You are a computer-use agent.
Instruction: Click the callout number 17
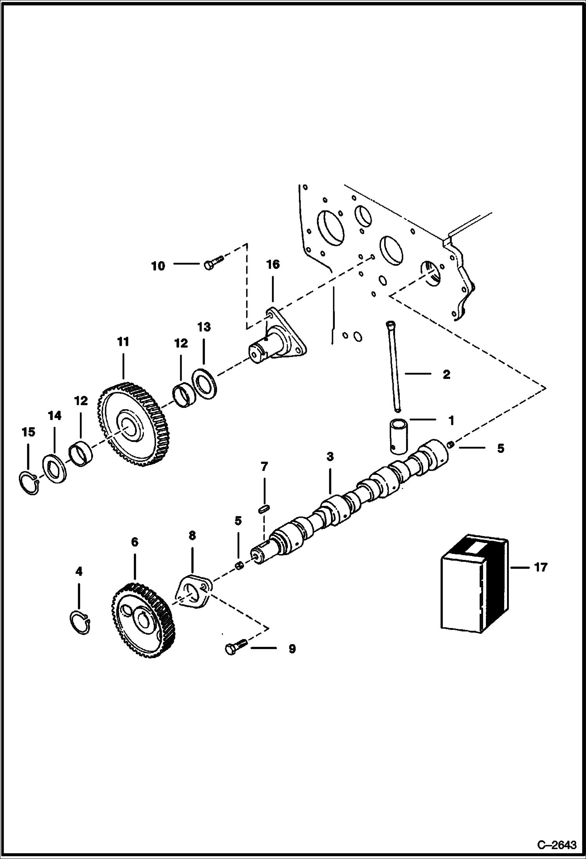(541, 567)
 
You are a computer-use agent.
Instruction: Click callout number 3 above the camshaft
(330, 457)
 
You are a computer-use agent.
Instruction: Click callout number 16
(273, 265)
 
